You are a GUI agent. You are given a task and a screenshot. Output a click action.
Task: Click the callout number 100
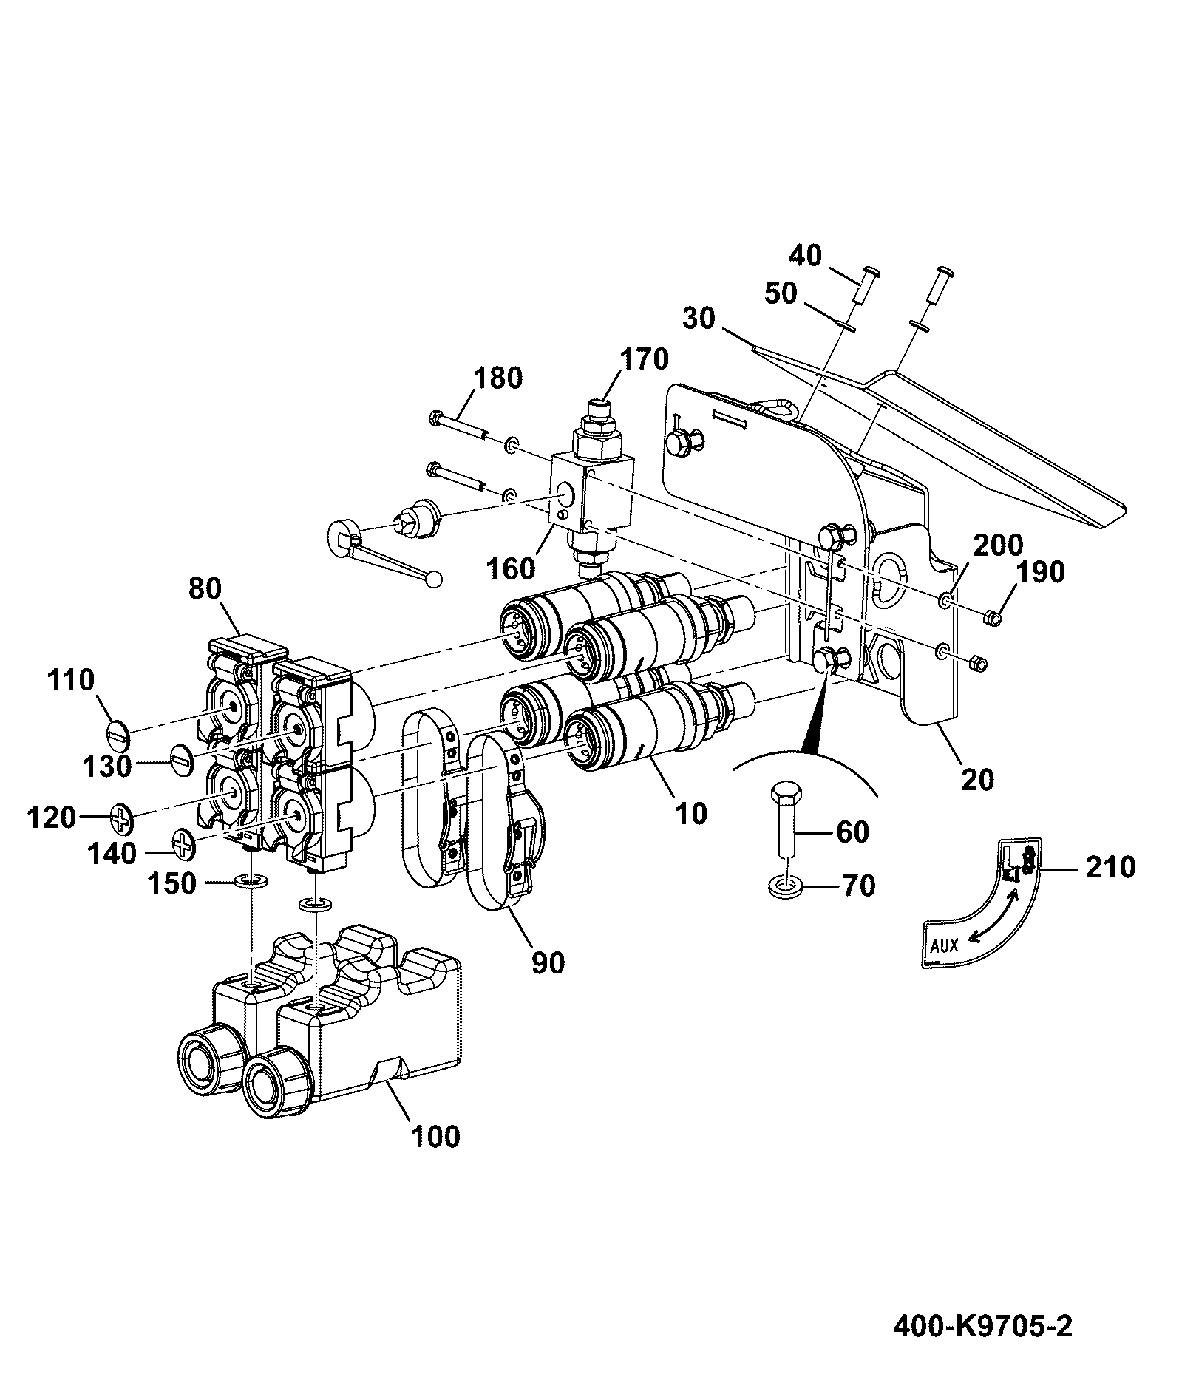(435, 1136)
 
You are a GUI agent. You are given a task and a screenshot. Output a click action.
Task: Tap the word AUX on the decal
(944, 945)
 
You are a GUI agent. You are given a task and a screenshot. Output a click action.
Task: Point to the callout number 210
(1110, 867)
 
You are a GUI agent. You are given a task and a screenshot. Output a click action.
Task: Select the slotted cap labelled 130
(181, 759)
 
